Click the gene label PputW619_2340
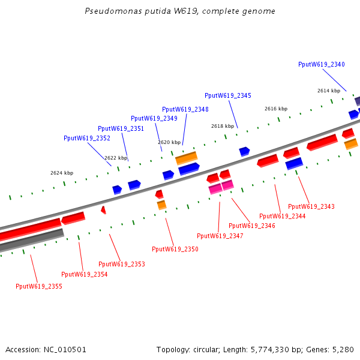click(322, 64)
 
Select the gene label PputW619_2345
click(228, 95)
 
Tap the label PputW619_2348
click(185, 109)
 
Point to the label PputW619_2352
click(87, 138)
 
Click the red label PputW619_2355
click(39, 286)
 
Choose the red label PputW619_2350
click(175, 249)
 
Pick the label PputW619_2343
click(311, 206)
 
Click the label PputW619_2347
click(220, 236)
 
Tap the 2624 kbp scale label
click(62, 173)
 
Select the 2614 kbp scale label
click(329, 91)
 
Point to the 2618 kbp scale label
click(223, 126)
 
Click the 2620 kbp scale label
click(169, 142)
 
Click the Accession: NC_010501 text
click(46, 349)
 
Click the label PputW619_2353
click(122, 264)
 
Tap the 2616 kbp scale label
click(276, 109)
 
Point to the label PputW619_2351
click(121, 128)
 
